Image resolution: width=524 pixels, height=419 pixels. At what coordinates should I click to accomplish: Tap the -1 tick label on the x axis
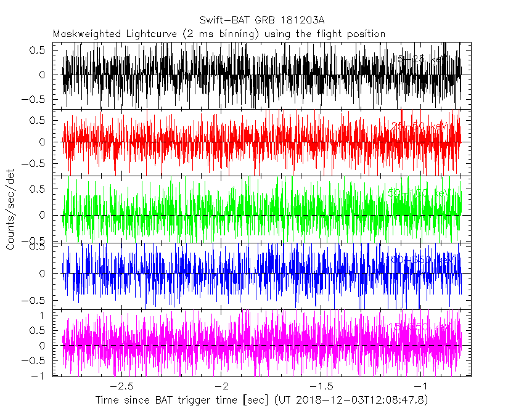[421, 386]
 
